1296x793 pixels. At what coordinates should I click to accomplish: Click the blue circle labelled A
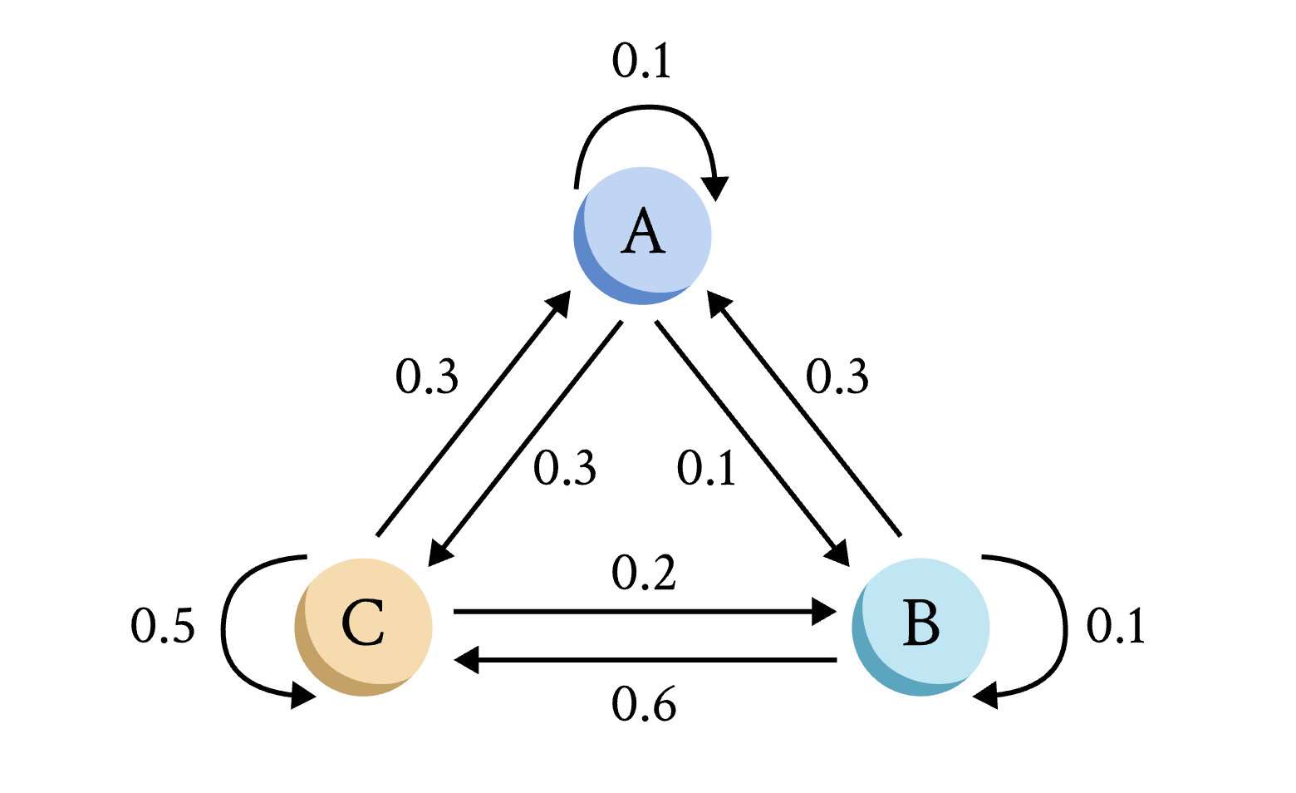click(x=643, y=235)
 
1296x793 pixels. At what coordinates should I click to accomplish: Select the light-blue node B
click(x=920, y=627)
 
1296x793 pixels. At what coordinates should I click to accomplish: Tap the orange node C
click(x=364, y=627)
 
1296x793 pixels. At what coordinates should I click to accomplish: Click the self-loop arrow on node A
click(x=645, y=108)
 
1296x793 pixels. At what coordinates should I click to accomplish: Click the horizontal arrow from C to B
click(x=644, y=613)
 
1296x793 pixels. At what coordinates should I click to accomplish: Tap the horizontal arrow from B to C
click(x=644, y=661)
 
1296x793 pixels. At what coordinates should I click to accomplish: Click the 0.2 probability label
click(x=644, y=573)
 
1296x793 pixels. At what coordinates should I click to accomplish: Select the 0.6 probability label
click(x=644, y=706)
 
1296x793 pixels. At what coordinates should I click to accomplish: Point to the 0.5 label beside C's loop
click(x=163, y=626)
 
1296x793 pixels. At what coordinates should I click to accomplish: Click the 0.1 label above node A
click(x=641, y=61)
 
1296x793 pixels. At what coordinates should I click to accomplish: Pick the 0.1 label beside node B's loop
click(x=1116, y=626)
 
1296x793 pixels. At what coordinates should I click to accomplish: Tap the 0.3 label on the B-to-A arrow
click(x=837, y=377)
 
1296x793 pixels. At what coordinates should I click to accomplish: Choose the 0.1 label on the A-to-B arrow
click(x=706, y=468)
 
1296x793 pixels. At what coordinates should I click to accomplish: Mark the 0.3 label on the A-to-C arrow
click(x=565, y=468)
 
